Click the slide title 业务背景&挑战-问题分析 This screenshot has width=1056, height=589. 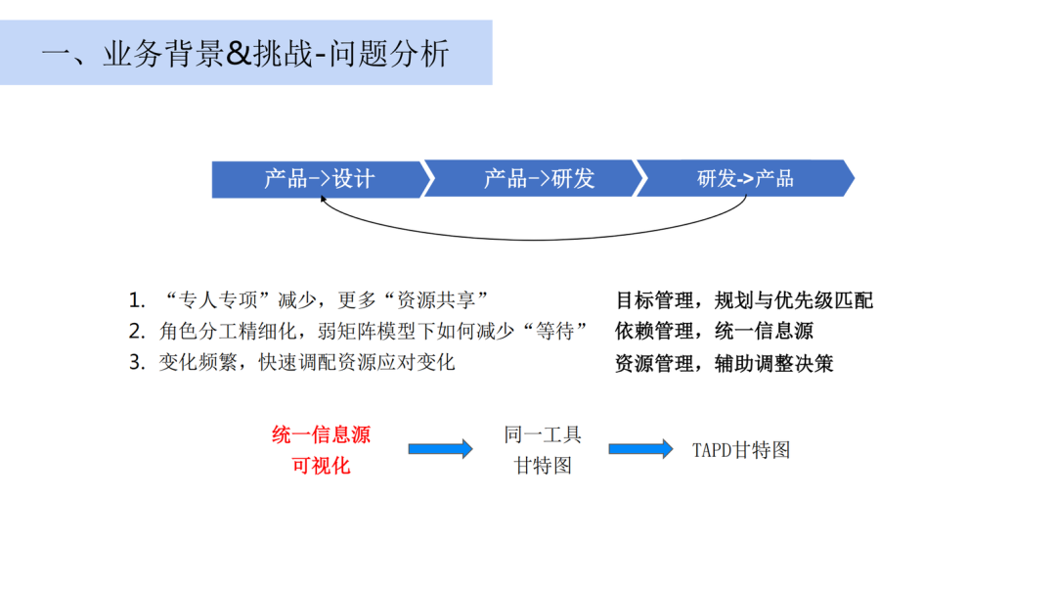click(245, 52)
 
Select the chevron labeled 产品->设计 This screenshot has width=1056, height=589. click(319, 179)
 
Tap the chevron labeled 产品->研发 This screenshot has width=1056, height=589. click(539, 179)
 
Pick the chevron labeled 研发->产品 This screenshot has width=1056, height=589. click(745, 179)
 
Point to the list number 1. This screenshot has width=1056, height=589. click(136, 299)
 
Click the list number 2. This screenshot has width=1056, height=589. click(136, 331)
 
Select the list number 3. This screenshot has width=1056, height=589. click(136, 362)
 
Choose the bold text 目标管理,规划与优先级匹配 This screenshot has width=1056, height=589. click(743, 299)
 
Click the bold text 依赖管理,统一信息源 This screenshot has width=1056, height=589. click(714, 331)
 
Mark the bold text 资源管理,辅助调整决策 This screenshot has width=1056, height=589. click(724, 363)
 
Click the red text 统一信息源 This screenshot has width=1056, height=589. click(321, 434)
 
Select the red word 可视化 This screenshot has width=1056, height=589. click(321, 466)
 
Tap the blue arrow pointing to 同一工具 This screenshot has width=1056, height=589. click(440, 449)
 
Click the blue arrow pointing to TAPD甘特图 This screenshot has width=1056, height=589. click(640, 449)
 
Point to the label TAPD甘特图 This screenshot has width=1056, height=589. click(741, 450)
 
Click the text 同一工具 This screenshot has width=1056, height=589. click(543, 434)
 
